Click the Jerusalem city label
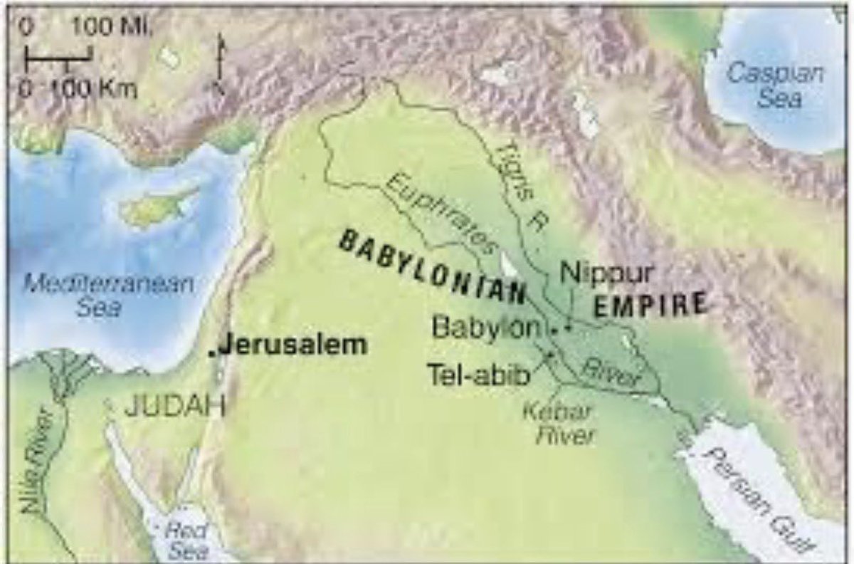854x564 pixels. point(292,346)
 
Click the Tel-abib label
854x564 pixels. point(479,374)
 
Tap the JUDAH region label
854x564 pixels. point(174,407)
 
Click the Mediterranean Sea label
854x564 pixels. point(109,296)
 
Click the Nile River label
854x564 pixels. point(37,456)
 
